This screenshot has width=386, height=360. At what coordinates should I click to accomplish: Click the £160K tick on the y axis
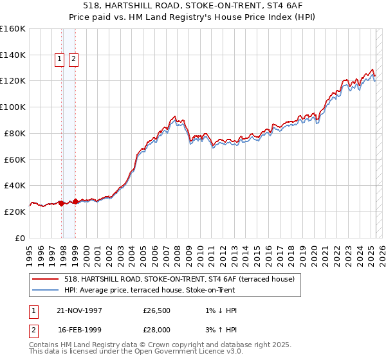pos(13,29)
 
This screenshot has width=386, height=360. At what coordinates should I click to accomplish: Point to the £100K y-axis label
pos(13,107)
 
